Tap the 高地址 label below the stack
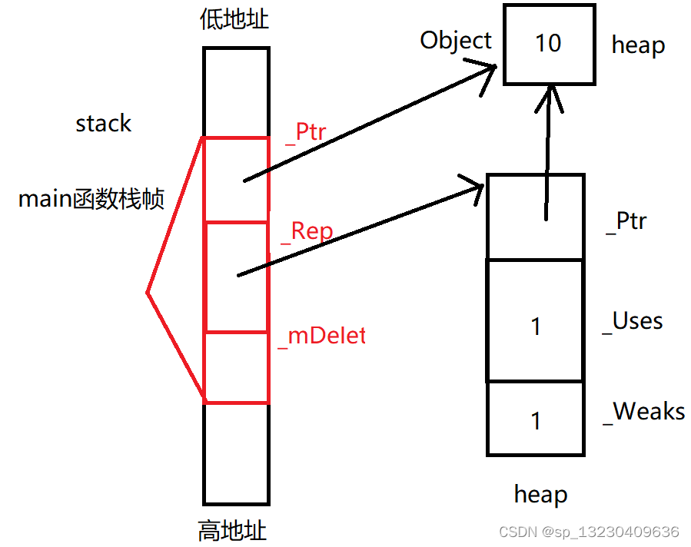pos(234,530)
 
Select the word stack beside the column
pos(103,124)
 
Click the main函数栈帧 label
pos(91,200)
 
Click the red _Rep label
pos(307,232)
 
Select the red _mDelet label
pos(321,336)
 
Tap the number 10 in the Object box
pos(548,43)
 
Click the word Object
pos(456,40)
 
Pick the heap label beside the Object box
pos(638,45)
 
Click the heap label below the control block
pos(540,495)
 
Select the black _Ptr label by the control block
pos(626,221)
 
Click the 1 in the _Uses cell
pos(536,327)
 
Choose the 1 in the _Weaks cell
pos(536,420)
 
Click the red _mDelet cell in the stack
pos(236,367)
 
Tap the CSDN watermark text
pos(589,532)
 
